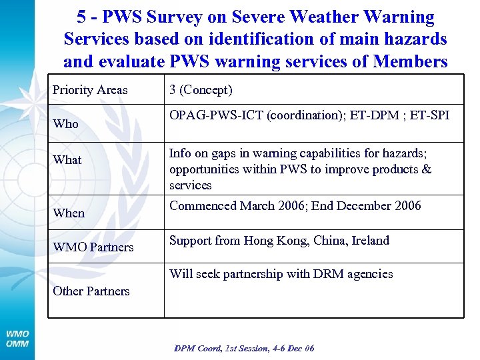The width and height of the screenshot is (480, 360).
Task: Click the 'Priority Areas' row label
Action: [90, 90]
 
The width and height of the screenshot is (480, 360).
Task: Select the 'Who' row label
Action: [65, 124]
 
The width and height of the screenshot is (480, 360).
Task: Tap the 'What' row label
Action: [67, 160]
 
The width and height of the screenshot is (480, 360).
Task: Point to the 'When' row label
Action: [69, 213]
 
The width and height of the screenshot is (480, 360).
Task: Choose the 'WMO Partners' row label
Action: [93, 247]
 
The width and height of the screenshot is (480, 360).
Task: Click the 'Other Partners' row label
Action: [91, 291]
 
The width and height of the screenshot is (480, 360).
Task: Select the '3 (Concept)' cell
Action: [201, 90]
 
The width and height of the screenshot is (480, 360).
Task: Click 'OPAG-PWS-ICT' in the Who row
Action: [216, 115]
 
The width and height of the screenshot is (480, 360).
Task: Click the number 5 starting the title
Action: [82, 17]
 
